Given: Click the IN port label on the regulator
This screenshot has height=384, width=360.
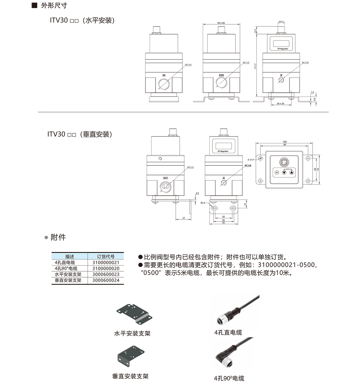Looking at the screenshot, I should click(x=164, y=75).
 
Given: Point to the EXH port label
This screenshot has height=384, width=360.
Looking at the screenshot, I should click(x=221, y=75).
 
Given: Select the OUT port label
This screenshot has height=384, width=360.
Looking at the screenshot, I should click(x=165, y=178).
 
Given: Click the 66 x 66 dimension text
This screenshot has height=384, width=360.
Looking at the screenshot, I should click(x=221, y=23).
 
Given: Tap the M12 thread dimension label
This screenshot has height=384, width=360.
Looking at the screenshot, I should click(x=281, y=22).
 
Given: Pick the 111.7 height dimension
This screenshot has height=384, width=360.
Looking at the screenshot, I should click(x=255, y=66).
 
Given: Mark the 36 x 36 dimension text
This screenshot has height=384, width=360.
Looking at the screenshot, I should click(x=280, y=104).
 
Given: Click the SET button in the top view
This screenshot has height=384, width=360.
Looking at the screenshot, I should click(x=277, y=173).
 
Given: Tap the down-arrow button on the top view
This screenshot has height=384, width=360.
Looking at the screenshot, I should click(x=284, y=173).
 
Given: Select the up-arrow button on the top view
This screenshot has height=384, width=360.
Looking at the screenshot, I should click(x=291, y=173).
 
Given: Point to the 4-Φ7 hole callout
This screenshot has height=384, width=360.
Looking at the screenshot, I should click(x=250, y=160).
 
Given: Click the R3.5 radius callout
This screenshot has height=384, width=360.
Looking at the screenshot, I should click(x=203, y=203).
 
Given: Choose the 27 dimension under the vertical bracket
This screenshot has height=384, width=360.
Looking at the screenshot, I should click(x=184, y=218).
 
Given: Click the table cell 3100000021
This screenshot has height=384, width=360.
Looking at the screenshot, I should click(x=106, y=263).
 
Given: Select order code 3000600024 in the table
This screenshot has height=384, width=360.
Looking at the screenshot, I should click(x=106, y=280).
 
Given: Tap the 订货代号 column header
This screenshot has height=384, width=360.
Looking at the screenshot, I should click(x=106, y=257).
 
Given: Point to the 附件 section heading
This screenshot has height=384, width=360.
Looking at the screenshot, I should click(x=58, y=237).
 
